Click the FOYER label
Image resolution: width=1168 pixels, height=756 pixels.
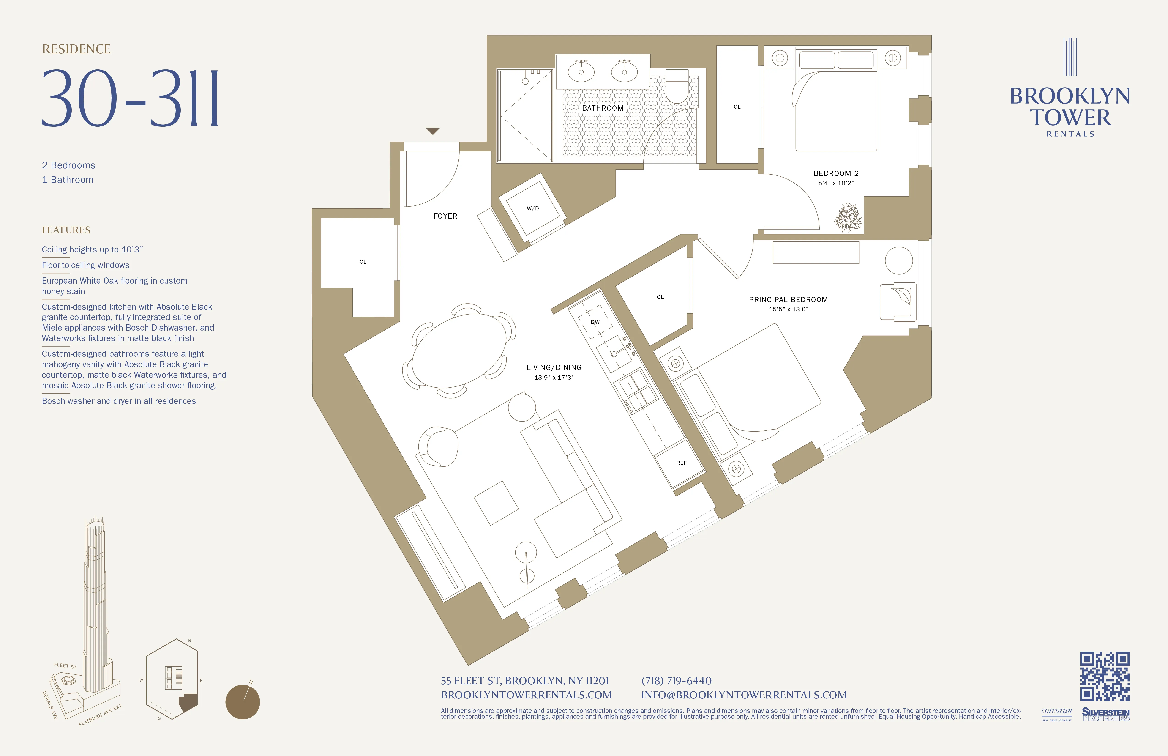(445, 216)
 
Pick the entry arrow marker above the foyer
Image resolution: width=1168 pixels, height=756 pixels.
(432, 131)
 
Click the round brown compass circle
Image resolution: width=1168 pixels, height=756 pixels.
(243, 702)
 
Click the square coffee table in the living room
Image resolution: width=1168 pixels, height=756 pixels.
(496, 503)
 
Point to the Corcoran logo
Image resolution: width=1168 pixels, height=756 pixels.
(1056, 713)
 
